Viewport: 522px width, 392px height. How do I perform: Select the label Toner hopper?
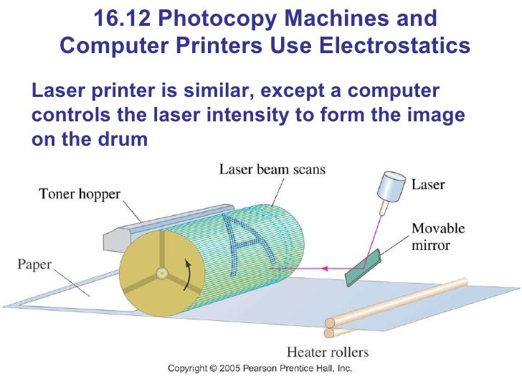80,193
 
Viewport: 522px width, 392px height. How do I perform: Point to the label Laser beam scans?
272,170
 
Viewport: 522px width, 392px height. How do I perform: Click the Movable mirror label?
437,238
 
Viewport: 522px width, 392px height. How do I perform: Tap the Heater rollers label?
327,352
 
